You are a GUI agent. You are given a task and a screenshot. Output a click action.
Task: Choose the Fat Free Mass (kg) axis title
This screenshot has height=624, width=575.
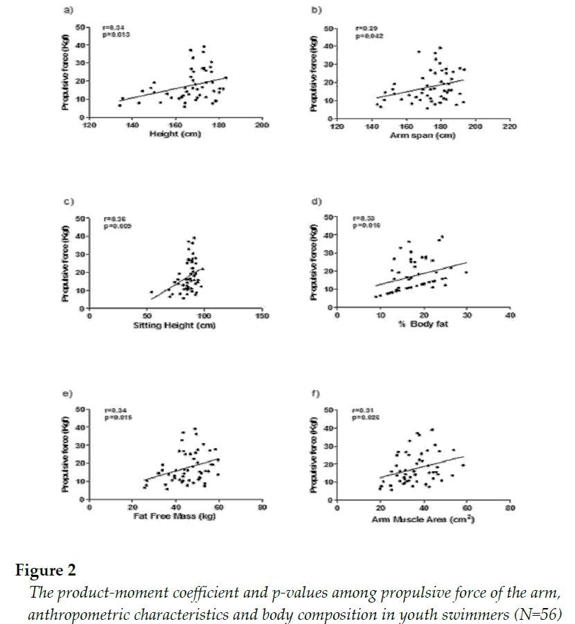tap(175, 516)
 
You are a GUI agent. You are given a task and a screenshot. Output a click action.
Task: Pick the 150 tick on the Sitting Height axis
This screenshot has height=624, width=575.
tap(262, 317)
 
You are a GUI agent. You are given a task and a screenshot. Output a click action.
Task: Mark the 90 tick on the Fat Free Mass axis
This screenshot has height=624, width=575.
tap(262, 508)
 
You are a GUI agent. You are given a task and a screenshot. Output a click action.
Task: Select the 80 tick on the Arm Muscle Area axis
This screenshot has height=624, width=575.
tap(510, 508)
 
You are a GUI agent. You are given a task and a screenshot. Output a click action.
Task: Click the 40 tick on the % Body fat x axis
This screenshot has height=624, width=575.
tap(510, 317)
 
